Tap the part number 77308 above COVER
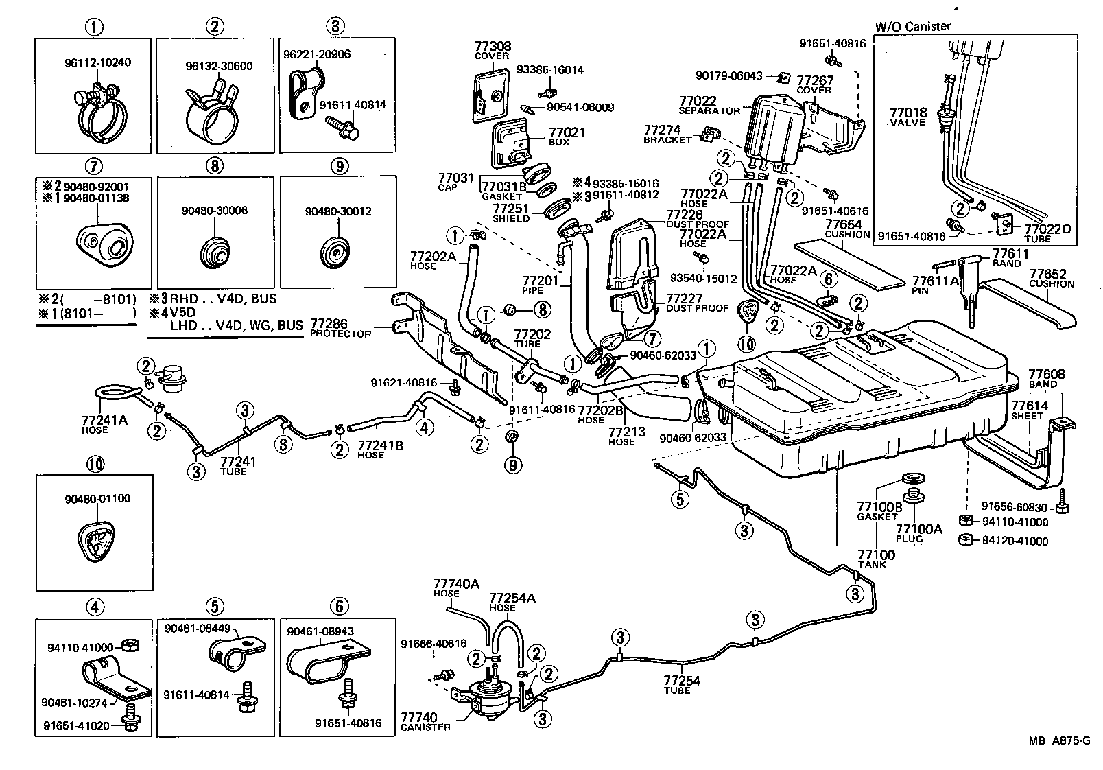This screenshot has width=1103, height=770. coord(493,47)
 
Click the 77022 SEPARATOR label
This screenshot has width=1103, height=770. coord(709,105)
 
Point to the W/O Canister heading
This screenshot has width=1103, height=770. coord(913,27)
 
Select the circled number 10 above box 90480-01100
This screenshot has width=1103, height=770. coord(95,465)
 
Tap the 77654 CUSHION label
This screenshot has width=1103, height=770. coord(843,229)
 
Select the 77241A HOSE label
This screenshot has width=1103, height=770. coord(104,424)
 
